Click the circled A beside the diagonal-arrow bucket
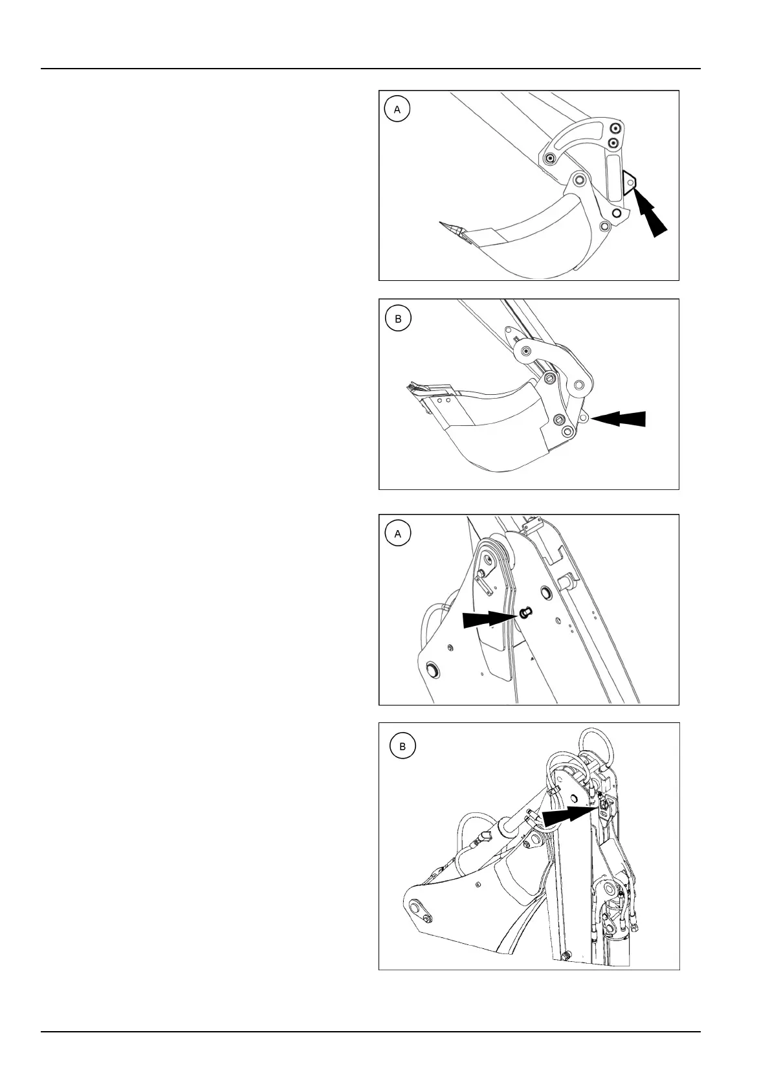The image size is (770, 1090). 397,109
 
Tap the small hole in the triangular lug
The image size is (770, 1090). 631,183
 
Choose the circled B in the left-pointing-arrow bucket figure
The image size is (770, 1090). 398,318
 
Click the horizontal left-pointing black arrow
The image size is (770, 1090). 618,418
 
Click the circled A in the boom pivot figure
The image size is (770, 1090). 397,534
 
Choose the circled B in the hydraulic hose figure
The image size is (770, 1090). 402,746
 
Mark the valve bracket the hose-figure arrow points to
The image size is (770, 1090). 604,808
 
